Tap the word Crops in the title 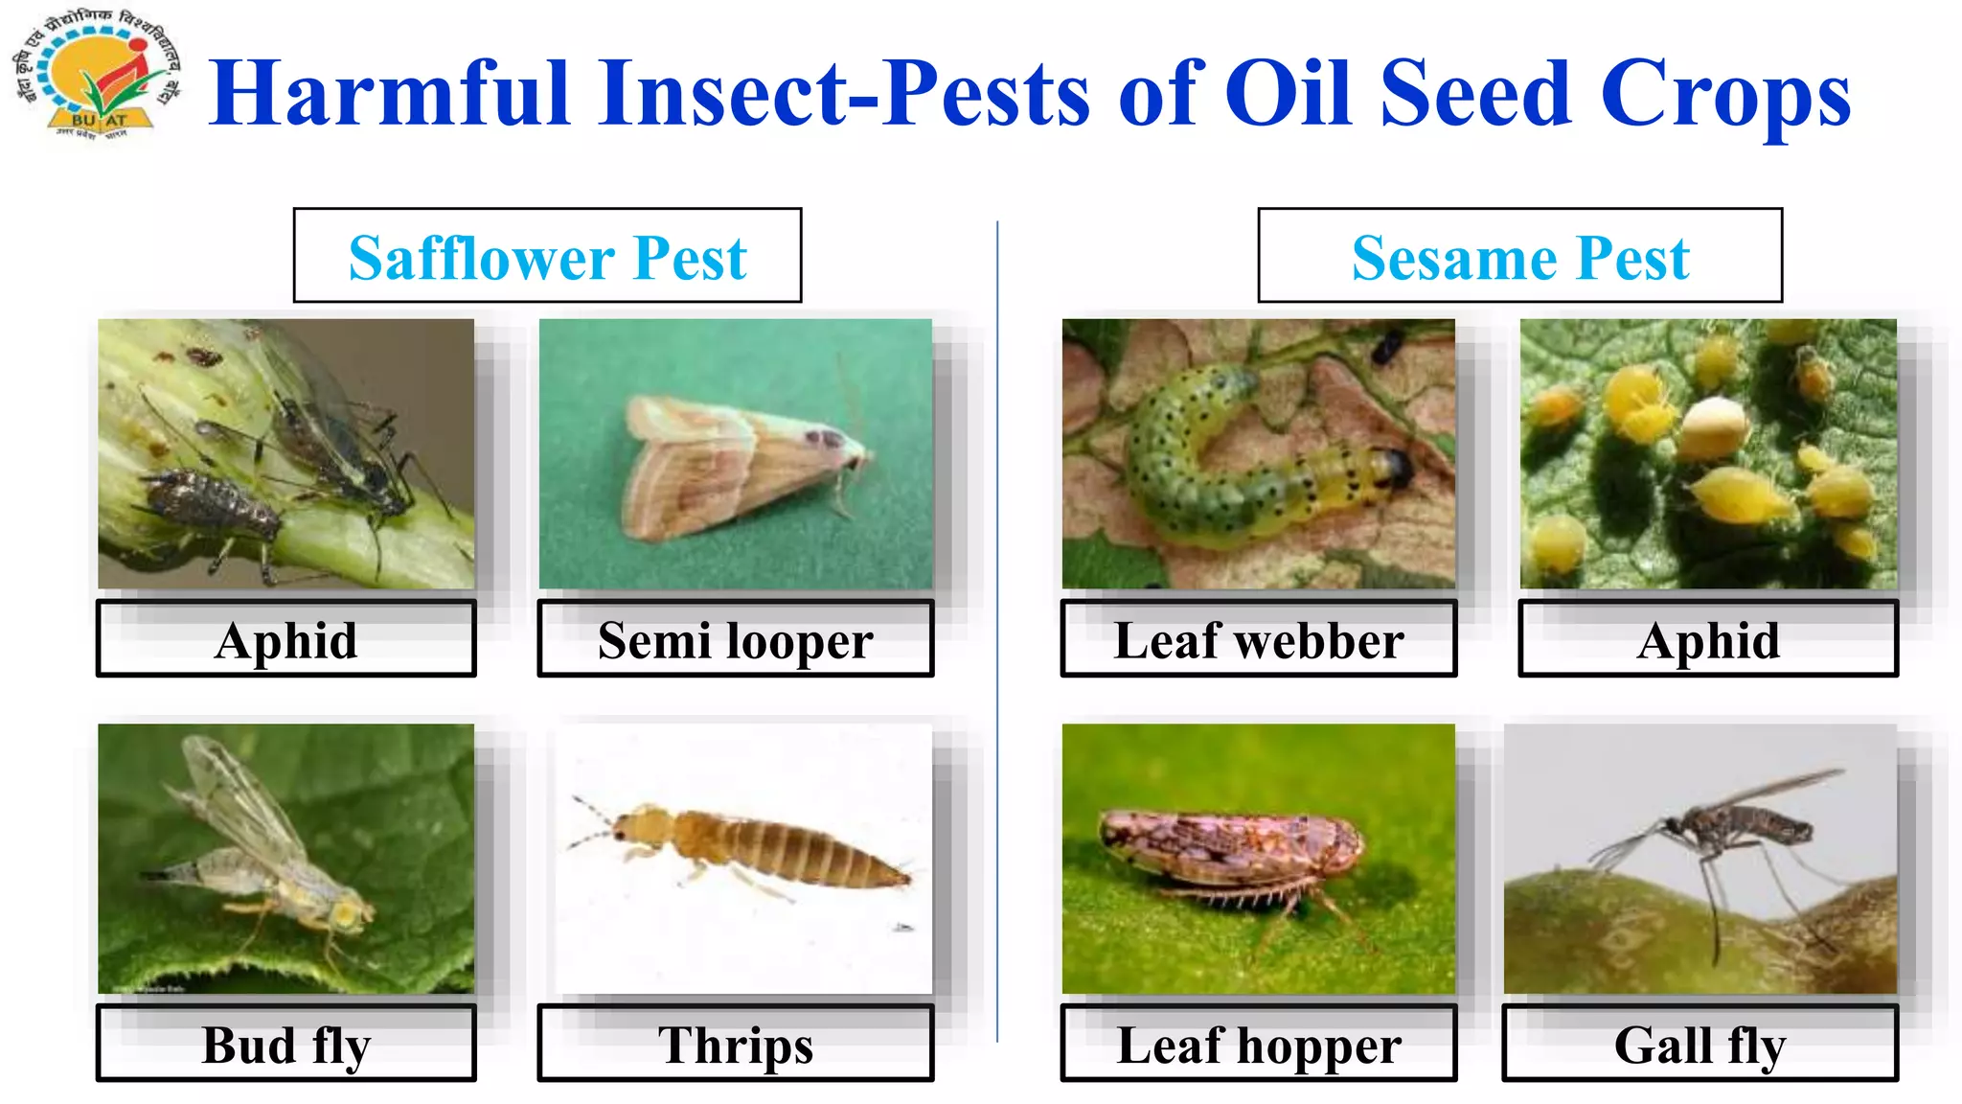click(1724, 94)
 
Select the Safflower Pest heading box click(547, 256)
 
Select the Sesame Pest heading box click(1519, 256)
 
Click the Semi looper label click(735, 639)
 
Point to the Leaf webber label click(1258, 639)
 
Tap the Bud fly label click(285, 1044)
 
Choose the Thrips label click(735, 1044)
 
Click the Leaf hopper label click(1258, 1044)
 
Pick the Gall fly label click(1700, 1044)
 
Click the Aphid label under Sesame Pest click(1707, 639)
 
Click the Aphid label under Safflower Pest click(285, 639)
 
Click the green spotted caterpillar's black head click(1400, 467)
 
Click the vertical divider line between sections click(997, 632)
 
